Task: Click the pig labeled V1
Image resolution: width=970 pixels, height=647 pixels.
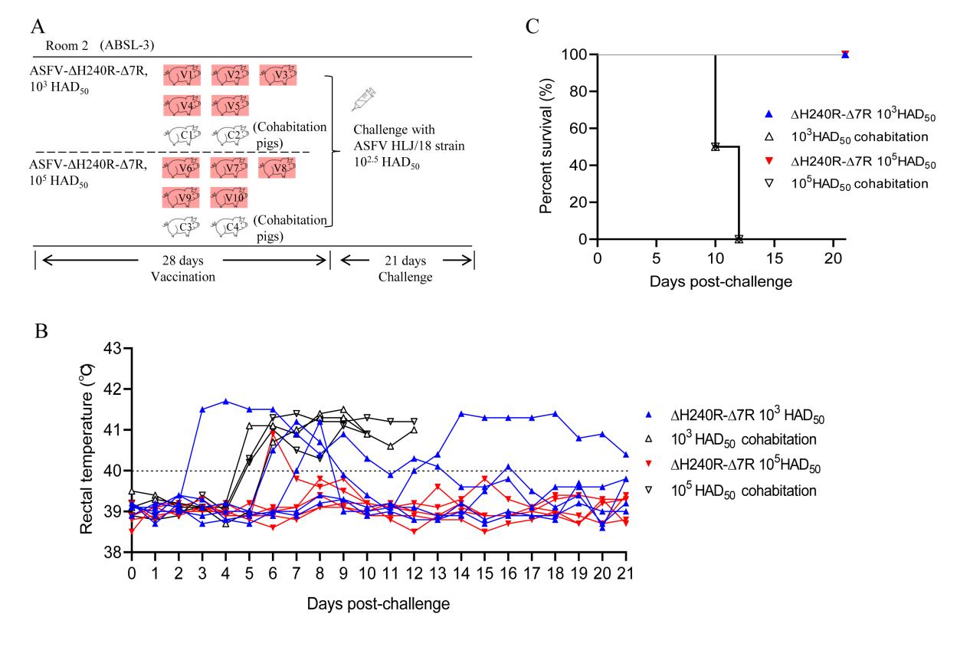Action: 182,75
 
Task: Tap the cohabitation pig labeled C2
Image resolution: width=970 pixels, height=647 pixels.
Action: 230,135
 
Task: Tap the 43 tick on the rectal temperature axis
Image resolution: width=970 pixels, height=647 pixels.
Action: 112,350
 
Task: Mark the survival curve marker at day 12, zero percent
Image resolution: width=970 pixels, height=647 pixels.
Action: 739,239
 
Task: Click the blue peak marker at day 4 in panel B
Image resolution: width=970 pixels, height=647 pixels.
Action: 226,401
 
